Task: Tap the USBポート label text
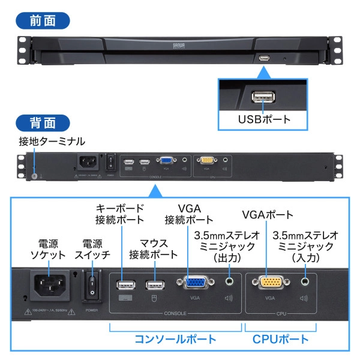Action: [264, 119]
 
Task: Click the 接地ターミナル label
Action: [52, 142]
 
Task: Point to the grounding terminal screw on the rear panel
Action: [34, 176]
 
